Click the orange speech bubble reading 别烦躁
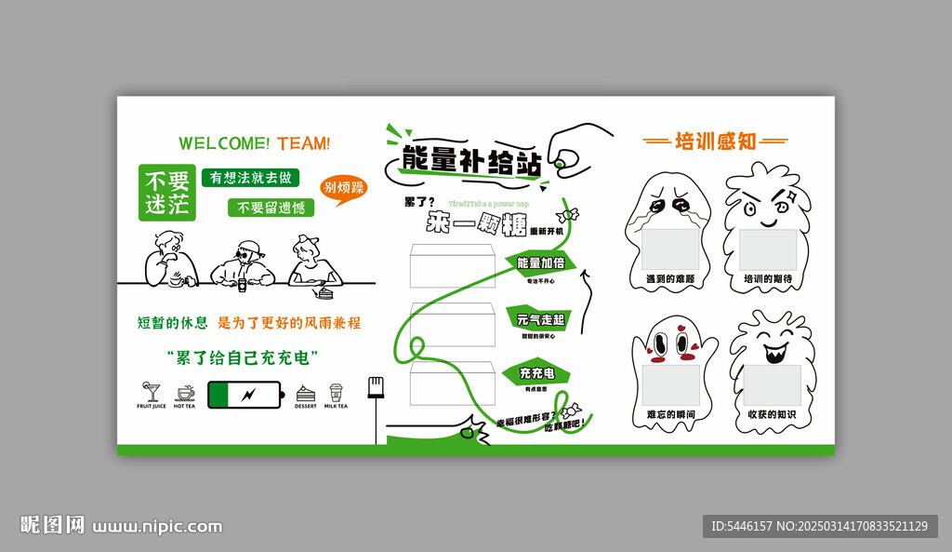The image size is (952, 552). click(342, 188)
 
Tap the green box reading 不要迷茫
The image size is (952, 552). click(166, 193)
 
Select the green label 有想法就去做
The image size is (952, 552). click(251, 177)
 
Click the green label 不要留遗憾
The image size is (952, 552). click(271, 208)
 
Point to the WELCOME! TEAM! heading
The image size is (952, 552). click(254, 143)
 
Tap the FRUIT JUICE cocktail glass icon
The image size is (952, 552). click(151, 392)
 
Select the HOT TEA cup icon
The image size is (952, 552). click(185, 392)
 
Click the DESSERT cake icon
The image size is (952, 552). click(305, 393)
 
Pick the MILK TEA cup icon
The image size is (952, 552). click(336, 392)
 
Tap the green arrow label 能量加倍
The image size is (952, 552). click(540, 263)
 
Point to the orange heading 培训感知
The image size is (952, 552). click(716, 141)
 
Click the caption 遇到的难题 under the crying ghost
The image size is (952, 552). click(670, 278)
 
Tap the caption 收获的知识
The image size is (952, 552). click(771, 413)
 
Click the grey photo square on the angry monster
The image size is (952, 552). click(768, 249)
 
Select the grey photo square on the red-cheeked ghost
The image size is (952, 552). click(669, 384)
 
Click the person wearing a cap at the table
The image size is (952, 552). click(245, 263)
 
